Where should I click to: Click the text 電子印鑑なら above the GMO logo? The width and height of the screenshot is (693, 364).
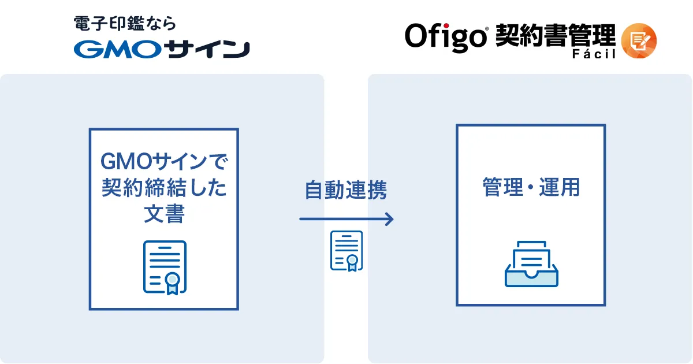tap(125, 24)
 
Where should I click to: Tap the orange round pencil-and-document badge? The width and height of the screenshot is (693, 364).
tap(639, 40)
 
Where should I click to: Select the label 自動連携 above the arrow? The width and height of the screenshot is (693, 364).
tap(345, 190)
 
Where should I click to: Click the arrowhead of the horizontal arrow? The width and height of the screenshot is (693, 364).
tap(390, 219)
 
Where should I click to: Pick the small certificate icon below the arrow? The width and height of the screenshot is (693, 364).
tap(346, 251)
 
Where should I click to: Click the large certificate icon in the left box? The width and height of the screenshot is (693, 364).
tap(165, 267)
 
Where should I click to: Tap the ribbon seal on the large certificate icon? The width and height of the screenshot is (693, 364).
tap(171, 281)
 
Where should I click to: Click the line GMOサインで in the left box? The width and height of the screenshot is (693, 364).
tap(164, 161)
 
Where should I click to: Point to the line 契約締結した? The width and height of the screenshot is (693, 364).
tap(164, 188)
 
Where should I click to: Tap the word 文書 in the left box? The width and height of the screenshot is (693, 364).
tap(164, 214)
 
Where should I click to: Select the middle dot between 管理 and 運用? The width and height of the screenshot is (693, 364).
tap(530, 188)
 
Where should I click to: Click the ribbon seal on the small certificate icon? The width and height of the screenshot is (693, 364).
tap(351, 261)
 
